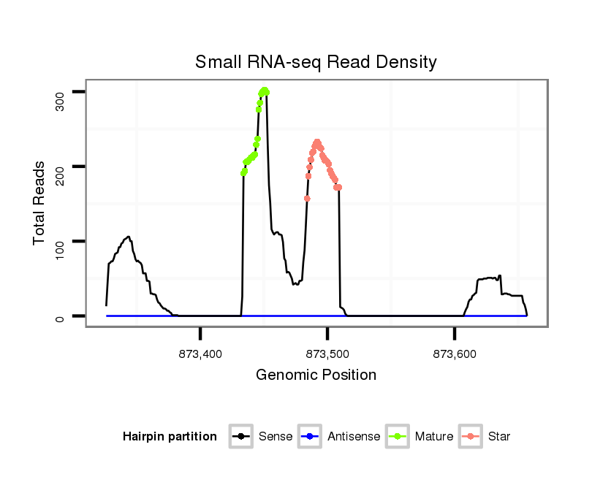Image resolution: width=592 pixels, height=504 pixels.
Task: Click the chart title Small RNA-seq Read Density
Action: click(316, 62)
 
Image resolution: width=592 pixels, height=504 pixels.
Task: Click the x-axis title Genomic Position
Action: click(316, 375)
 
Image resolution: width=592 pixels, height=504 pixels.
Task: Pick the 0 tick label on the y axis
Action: click(61, 316)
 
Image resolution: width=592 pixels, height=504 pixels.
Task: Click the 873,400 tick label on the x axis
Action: click(200, 354)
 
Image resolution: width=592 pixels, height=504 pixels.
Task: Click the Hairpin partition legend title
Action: click(170, 437)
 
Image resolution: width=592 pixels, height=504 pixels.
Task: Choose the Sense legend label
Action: click(275, 437)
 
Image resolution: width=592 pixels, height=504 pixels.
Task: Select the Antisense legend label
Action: click(354, 437)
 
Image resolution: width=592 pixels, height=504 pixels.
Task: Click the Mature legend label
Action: click(434, 437)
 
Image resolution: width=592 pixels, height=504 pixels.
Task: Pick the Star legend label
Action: click(499, 437)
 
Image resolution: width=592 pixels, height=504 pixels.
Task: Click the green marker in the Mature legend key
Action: click(398, 437)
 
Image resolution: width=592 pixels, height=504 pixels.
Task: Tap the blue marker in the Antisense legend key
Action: click(310, 437)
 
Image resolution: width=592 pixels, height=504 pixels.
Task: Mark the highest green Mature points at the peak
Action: click(264, 91)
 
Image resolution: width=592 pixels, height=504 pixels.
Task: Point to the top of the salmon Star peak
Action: click(317, 142)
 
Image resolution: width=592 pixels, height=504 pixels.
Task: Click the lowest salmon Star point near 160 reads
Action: click(307, 199)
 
